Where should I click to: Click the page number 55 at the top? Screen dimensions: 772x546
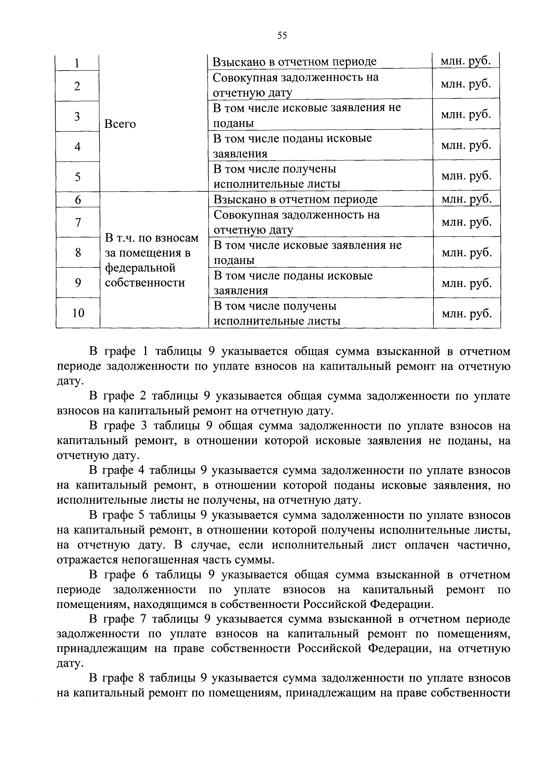point(282,35)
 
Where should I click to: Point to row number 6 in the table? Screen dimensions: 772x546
point(78,200)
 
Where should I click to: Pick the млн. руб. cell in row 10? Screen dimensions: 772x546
point(467,313)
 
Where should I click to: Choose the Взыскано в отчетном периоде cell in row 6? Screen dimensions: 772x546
point(296,199)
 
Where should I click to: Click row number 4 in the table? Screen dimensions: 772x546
point(78,147)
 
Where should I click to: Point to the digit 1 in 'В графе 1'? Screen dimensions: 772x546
point(145,352)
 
